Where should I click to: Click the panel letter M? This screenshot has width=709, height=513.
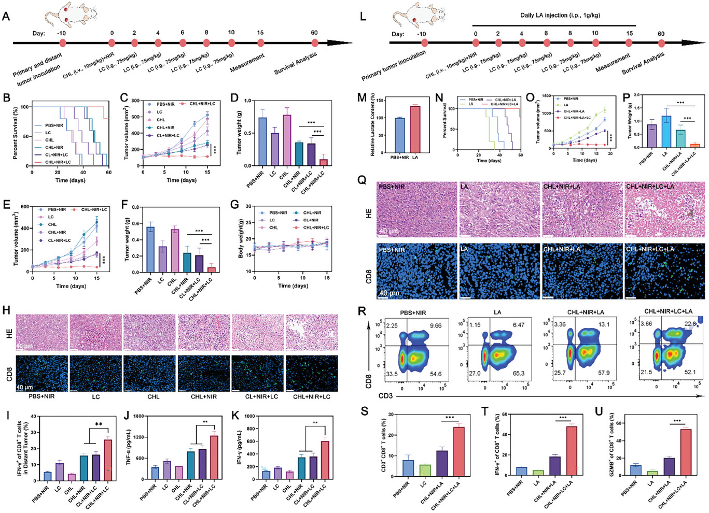click(x=362, y=98)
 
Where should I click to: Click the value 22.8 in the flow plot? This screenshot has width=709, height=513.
click(x=690, y=324)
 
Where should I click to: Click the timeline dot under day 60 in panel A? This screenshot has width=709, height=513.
click(x=314, y=43)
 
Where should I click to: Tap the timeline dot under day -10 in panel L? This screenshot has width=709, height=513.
click(x=421, y=43)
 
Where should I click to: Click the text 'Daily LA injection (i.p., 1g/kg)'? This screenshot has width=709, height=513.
click(x=560, y=15)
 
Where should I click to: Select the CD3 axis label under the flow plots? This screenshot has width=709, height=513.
click(x=385, y=396)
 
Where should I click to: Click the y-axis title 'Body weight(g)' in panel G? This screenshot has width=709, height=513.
click(x=241, y=238)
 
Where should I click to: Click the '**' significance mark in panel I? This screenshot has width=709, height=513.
click(x=99, y=424)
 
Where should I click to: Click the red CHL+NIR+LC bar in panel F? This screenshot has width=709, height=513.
click(x=212, y=269)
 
